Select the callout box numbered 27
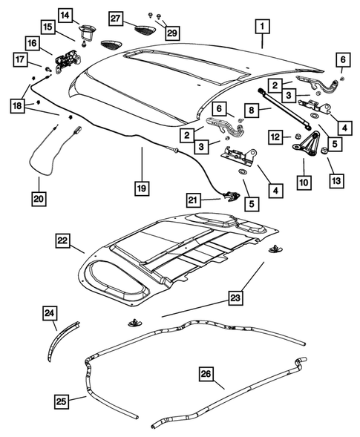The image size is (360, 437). (116, 19)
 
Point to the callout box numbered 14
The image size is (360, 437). (66, 16)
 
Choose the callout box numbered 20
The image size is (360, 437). (39, 198)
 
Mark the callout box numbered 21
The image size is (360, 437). (194, 200)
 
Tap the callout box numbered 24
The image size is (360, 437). (50, 315)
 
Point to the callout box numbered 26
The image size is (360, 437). (207, 375)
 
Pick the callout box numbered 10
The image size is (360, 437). (304, 180)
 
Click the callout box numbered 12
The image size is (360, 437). (274, 137)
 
